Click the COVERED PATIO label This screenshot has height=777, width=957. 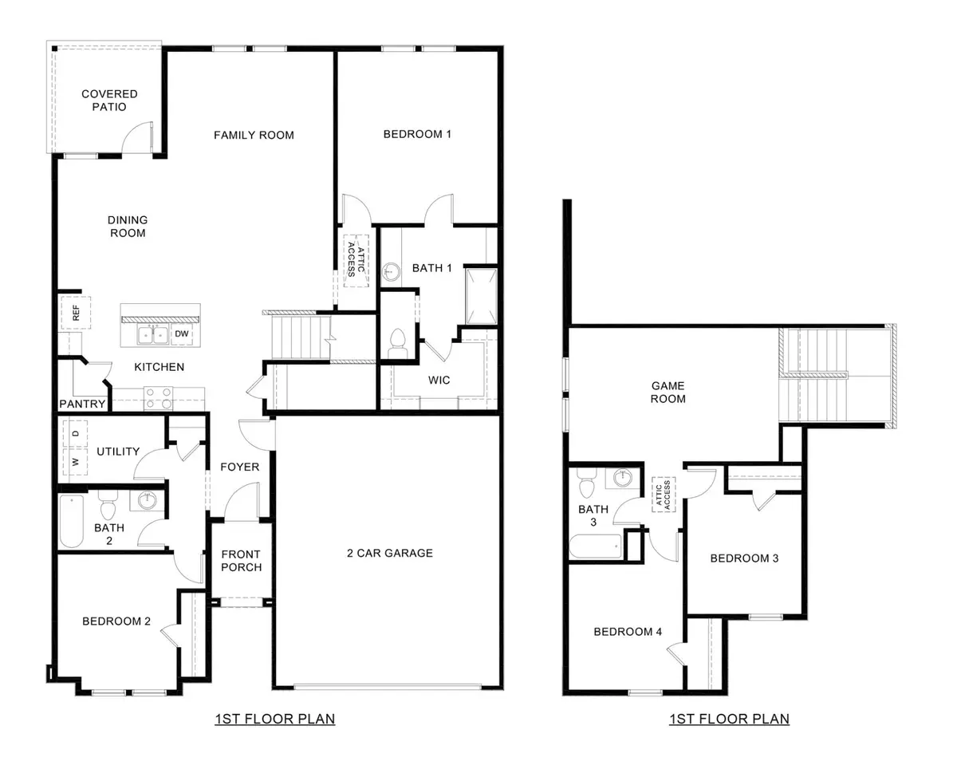click(x=109, y=101)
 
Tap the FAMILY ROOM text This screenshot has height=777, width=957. click(x=254, y=135)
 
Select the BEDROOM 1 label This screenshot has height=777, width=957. click(x=417, y=134)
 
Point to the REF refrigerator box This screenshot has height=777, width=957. click(x=77, y=313)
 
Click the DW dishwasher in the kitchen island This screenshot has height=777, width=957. click(x=181, y=334)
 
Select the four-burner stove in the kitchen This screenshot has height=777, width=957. click(x=158, y=398)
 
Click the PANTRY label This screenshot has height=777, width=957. click(x=82, y=404)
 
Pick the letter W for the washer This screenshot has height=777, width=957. click(x=76, y=462)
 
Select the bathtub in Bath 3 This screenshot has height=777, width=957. click(x=596, y=547)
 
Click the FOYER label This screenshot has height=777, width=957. click(x=240, y=467)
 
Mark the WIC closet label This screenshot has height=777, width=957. click(x=439, y=380)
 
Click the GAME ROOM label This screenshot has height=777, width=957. click(x=668, y=392)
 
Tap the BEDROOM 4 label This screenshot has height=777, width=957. click(x=628, y=632)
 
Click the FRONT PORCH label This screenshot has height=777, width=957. click(x=241, y=561)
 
